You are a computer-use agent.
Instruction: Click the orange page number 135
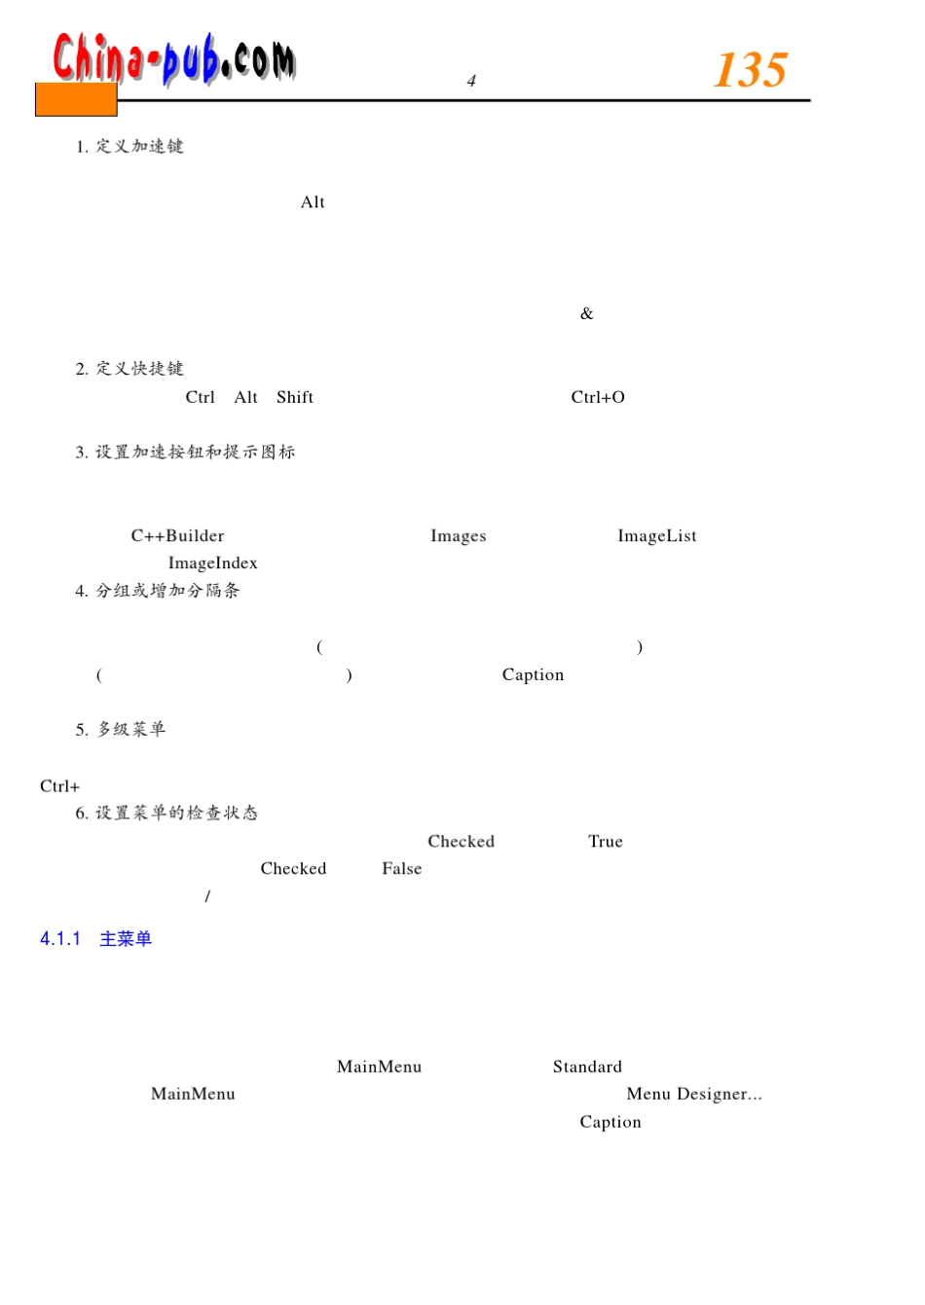750,70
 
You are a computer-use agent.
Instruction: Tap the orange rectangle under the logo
76,100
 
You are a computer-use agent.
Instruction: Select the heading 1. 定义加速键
129,147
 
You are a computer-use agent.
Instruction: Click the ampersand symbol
586,313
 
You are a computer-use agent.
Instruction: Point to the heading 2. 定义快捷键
129,369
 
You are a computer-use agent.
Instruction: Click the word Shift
294,397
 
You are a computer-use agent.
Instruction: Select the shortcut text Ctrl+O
598,397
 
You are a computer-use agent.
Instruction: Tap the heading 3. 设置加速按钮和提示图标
185,453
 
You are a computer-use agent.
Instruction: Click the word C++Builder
177,536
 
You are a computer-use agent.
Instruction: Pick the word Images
458,536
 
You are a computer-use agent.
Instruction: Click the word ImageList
656,536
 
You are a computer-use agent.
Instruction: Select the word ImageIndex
212,563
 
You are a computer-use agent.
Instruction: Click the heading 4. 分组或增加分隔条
157,591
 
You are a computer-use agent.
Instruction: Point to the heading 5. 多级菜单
121,730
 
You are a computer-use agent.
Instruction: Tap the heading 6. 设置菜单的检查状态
166,814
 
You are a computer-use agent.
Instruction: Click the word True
605,842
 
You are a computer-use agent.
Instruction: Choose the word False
401,869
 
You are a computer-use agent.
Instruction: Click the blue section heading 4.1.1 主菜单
95,939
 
